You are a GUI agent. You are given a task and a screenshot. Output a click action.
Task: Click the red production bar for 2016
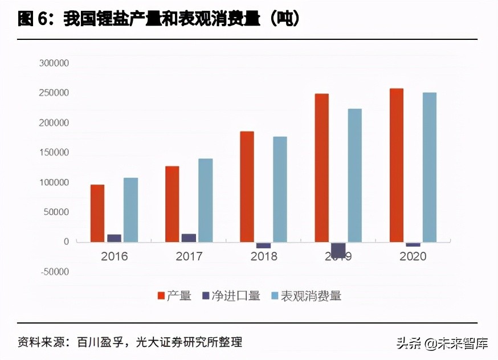pos(97,213)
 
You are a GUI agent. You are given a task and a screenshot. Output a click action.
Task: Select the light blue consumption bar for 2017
pos(205,200)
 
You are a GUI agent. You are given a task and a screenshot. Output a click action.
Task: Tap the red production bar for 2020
pos(397,165)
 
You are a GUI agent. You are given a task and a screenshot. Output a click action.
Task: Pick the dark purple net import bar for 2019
pos(338,249)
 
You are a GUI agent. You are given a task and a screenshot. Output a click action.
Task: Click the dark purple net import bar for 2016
pos(114,238)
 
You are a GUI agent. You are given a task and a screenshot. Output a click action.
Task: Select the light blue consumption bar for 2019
pos(354,175)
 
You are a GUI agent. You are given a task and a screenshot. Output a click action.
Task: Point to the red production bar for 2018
pos(247,186)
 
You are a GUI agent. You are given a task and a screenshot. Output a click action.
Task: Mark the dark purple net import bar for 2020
pos(413,244)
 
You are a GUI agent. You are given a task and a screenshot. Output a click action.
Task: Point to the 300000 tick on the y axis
pos(54,63)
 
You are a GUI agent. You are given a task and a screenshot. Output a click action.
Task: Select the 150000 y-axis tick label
pos(54,153)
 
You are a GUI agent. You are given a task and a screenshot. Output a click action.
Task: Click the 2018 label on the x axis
pos(264,257)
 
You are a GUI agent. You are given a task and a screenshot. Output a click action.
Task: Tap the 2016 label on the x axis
pos(114,257)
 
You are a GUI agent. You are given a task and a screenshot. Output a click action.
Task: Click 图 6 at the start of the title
pos(35,19)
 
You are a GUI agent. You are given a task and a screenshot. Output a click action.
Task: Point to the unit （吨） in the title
pos(284,19)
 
